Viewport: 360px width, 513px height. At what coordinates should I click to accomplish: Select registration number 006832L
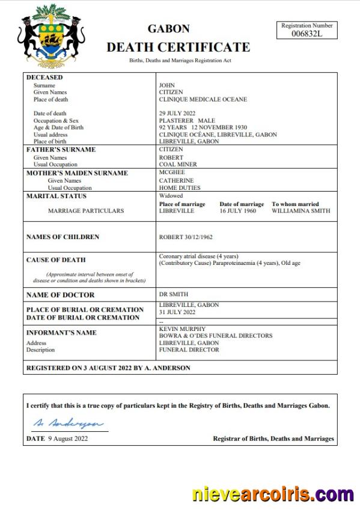click(307, 34)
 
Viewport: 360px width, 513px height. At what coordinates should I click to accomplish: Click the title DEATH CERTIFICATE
click(178, 47)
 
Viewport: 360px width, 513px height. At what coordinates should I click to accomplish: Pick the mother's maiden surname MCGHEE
click(172, 172)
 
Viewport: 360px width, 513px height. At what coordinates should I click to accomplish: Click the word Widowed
click(171, 196)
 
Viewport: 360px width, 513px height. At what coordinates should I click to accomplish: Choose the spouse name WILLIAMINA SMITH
click(301, 211)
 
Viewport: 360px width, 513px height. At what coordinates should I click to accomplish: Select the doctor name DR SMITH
click(174, 294)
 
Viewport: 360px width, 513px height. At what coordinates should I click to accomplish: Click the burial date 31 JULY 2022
click(177, 312)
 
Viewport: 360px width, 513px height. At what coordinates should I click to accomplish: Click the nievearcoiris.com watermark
click(273, 495)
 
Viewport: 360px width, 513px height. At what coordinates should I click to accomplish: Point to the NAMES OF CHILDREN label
click(63, 237)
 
